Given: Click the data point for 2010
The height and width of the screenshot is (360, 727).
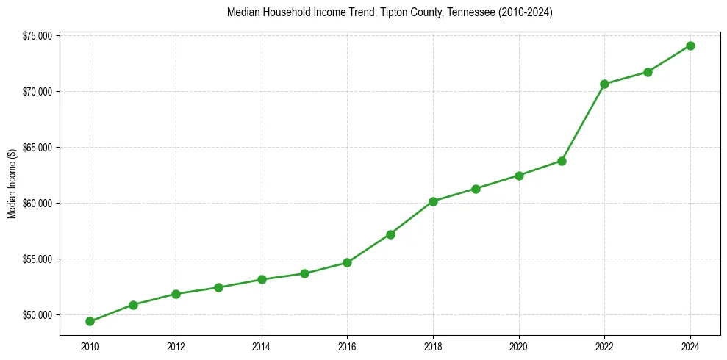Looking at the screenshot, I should (x=90, y=321).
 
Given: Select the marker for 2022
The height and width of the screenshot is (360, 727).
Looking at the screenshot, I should (x=604, y=84).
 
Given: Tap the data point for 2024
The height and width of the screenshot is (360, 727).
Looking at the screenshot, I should (x=690, y=46).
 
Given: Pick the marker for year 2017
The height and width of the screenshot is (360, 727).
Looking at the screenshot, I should (x=390, y=234).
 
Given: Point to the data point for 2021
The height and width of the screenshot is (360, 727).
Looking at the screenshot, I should (x=562, y=161).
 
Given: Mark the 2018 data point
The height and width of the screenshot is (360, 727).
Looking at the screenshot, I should (x=433, y=201).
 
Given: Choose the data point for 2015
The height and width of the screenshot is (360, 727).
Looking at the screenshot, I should (x=304, y=273).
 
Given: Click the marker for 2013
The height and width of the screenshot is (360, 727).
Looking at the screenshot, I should (x=218, y=287).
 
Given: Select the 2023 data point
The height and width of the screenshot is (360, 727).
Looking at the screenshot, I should (x=648, y=72).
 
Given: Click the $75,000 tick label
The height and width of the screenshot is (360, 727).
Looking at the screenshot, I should (x=37, y=36).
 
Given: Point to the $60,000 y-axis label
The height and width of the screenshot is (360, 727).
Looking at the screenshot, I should (x=37, y=204).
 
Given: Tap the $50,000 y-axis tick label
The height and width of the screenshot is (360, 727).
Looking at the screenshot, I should (x=37, y=315).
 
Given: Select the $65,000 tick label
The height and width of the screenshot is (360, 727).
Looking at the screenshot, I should (x=37, y=148).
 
